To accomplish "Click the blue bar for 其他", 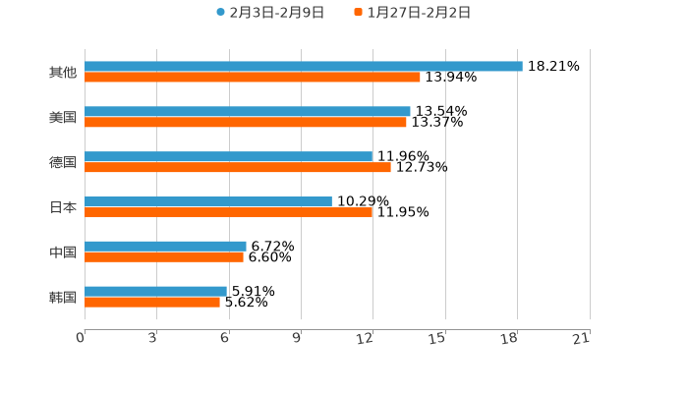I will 303,67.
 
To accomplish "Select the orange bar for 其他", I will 252,78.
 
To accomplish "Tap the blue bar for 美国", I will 247,112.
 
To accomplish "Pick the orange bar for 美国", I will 245,123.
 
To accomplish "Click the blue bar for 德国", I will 228,157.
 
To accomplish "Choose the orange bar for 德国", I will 237,168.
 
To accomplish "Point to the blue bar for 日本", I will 207,201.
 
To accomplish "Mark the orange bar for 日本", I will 228,212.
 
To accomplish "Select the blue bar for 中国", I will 165,247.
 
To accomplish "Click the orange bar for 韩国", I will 151,303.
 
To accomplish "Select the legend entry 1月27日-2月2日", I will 418,13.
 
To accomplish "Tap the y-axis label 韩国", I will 63,297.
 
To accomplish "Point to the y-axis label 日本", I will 63,207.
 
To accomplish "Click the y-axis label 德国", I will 63,162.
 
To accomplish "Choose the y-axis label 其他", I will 63,73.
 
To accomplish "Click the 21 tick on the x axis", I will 581,338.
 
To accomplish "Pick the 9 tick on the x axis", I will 297,338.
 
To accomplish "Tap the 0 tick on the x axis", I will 82,338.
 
